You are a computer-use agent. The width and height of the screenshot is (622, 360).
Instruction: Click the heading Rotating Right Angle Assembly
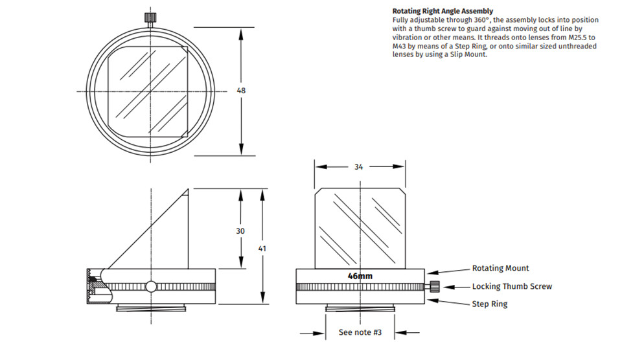click(443, 11)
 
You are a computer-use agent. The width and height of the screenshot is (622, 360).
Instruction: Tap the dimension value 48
click(241, 91)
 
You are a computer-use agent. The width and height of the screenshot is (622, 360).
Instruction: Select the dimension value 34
click(358, 166)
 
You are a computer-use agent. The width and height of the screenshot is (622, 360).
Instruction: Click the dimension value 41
click(262, 248)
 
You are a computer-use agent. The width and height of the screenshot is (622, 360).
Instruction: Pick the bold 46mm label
click(360, 276)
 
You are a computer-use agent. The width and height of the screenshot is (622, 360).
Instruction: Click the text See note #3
click(360, 333)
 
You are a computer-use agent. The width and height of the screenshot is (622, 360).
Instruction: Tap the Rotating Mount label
click(500, 268)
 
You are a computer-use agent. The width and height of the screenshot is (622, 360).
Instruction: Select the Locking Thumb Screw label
click(512, 286)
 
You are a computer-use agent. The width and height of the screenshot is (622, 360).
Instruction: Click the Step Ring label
click(490, 304)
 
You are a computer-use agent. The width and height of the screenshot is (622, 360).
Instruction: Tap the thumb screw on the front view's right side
click(435, 287)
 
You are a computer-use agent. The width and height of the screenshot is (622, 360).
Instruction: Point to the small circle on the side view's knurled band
click(151, 286)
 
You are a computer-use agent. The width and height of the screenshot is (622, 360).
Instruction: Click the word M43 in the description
click(399, 46)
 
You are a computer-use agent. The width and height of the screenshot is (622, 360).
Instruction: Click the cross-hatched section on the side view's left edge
click(93, 286)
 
